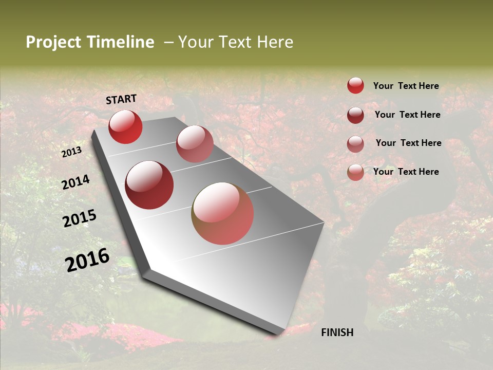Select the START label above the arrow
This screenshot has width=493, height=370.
pyautogui.click(x=121, y=99)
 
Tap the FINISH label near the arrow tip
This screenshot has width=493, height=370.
pyautogui.click(x=337, y=332)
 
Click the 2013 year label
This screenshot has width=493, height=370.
pyautogui.click(x=71, y=152)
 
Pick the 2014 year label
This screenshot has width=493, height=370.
pyautogui.click(x=75, y=182)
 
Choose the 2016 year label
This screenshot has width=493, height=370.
pyautogui.click(x=87, y=260)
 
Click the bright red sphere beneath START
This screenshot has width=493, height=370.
pyautogui.click(x=125, y=126)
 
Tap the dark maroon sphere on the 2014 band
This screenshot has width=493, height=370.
pyautogui.click(x=149, y=185)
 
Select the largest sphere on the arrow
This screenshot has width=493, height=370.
pyautogui.click(x=222, y=213)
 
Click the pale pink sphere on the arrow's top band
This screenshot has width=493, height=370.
pyautogui.click(x=195, y=144)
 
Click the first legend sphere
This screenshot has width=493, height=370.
pyautogui.click(x=355, y=85)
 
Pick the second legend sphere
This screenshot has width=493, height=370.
pyautogui.click(x=355, y=115)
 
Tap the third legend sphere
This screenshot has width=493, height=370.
pyautogui.click(x=355, y=144)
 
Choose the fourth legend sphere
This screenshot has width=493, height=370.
pyautogui.click(x=355, y=172)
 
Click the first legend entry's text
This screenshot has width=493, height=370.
pyautogui.click(x=406, y=86)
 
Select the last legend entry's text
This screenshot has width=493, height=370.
pyautogui.click(x=406, y=172)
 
